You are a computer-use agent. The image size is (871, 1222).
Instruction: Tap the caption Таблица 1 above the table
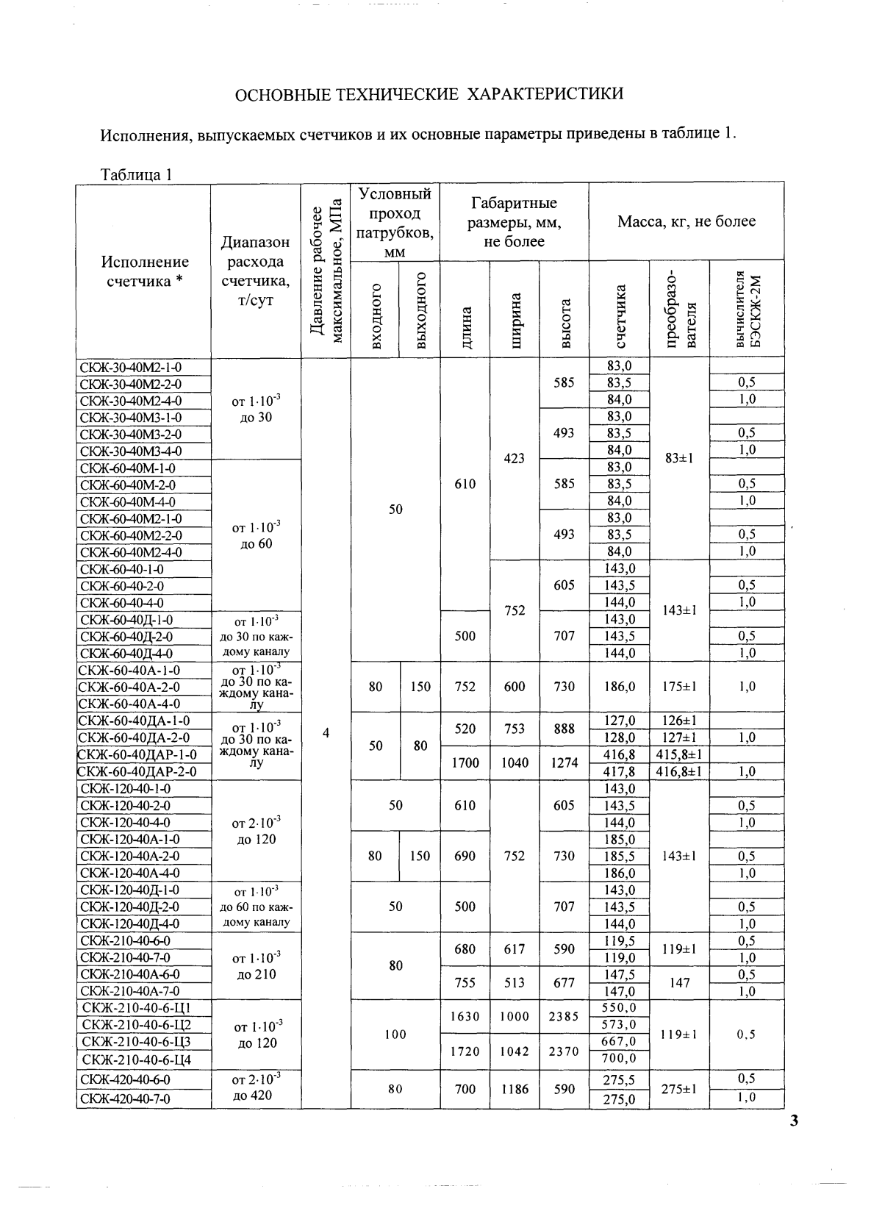pos(136,174)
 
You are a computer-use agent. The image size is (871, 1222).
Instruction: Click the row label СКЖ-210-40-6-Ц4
pos(137,1060)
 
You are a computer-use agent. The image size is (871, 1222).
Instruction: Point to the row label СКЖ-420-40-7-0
pos(125,1098)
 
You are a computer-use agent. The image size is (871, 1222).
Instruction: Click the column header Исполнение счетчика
pos(145,271)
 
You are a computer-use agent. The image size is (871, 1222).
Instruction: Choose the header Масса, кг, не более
pos(686,221)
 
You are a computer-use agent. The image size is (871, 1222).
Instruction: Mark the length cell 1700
pos(465,762)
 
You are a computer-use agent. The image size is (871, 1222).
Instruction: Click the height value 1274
pos(564,762)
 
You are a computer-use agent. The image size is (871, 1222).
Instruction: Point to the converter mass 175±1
pos(679,687)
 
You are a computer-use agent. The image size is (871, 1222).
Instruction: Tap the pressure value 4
pos(326,732)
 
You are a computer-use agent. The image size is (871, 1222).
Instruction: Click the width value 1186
pos(515,1089)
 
